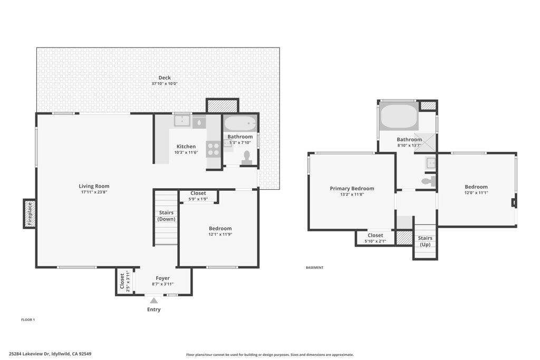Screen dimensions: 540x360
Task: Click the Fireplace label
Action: (30, 213)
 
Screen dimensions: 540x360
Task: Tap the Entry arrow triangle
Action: (153, 301)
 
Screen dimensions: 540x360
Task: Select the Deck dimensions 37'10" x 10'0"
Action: (165, 84)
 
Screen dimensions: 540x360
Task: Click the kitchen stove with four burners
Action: (213, 149)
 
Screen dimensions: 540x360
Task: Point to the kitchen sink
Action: (182, 121)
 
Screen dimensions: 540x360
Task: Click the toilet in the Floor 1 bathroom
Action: (246, 158)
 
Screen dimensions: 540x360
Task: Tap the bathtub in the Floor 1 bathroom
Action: (240, 123)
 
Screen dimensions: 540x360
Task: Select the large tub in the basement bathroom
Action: (399, 116)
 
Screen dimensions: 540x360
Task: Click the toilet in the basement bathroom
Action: (429, 181)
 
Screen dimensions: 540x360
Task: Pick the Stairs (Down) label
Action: (166, 216)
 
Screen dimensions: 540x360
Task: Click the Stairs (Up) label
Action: (425, 241)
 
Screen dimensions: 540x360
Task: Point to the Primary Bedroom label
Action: (352, 188)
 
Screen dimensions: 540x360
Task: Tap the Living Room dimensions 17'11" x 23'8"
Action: (94, 192)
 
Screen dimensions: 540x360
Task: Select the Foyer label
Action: (162, 278)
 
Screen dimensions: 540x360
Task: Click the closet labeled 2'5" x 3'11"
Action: (124, 281)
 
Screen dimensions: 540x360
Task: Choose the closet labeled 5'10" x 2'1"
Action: (375, 238)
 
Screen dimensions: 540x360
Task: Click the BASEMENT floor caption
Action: (314, 267)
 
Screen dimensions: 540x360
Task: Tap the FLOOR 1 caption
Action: (28, 320)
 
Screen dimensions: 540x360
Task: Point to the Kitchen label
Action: (186, 147)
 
